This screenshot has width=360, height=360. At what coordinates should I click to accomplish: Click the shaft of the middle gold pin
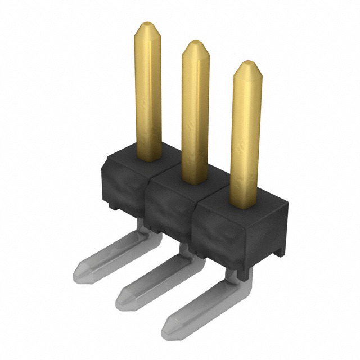(x=195, y=112)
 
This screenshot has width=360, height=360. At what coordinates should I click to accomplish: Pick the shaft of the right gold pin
(x=246, y=135)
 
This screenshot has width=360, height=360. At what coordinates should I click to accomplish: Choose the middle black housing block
(x=169, y=208)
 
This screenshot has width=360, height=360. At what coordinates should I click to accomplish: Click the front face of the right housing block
(x=219, y=236)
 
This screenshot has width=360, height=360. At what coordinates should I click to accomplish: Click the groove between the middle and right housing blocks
(x=193, y=222)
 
